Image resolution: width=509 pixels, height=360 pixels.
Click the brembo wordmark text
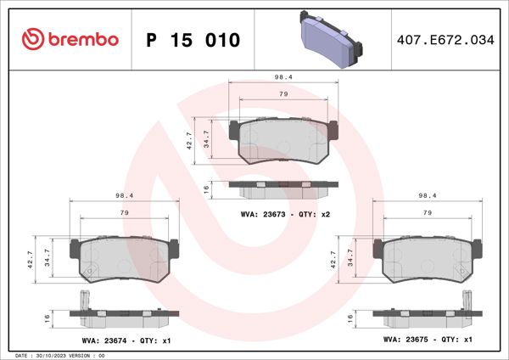[82, 40]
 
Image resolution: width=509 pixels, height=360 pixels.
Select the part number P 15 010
[193, 40]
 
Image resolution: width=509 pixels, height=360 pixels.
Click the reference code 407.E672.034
[445, 40]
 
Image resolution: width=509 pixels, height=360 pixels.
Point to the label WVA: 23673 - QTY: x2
[285, 214]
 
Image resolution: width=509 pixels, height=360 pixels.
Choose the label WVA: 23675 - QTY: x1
[428, 340]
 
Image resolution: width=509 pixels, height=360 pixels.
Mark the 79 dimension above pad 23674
[124, 212]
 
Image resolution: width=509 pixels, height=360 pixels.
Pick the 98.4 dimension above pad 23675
[428, 195]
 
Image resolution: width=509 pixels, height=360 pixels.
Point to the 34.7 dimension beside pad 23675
[356, 258]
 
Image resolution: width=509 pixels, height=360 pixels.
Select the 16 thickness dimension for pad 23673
[206, 188]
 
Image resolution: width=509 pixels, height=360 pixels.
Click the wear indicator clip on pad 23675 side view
[465, 301]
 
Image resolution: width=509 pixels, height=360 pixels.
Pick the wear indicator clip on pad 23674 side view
[84, 301]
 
